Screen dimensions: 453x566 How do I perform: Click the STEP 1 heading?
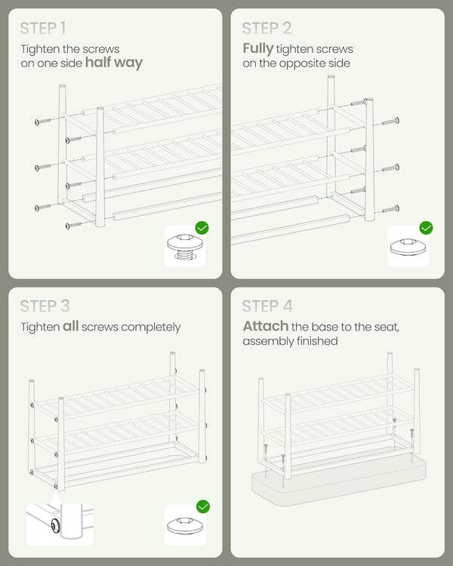43,29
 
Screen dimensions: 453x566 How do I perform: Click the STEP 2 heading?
267,29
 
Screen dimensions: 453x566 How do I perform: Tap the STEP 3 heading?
45,306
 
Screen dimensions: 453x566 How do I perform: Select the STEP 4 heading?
267,306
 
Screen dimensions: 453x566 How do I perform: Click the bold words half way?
114,63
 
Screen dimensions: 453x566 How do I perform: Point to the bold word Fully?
258,48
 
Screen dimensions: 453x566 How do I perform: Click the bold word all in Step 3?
70,326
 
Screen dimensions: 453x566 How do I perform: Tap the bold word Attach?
266,326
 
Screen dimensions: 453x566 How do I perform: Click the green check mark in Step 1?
202,228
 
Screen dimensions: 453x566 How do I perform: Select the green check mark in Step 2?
427,228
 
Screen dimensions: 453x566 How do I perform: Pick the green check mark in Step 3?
203,506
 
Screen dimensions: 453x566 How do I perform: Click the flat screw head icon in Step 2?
408,247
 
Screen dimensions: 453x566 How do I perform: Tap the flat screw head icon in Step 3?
185,524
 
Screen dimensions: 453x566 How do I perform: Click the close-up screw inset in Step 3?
60,524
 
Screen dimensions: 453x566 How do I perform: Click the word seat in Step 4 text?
387,327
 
